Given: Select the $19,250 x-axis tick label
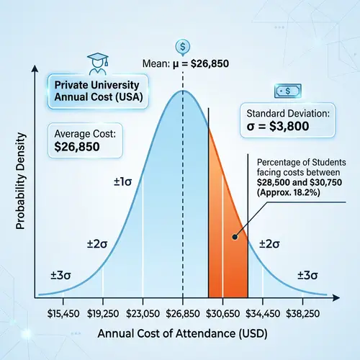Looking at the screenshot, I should coord(104,314).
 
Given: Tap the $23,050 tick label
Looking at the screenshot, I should coord(143,314).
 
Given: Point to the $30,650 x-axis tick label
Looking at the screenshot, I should coord(223,314).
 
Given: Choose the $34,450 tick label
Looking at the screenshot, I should coord(263,314).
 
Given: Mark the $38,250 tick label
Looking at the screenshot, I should coord(302,314).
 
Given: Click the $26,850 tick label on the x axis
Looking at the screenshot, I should coord(183,314).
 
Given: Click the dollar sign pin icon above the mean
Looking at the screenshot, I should coord(182,47).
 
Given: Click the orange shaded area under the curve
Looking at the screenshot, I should coord(227,238).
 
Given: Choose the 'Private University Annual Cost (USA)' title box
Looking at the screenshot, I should coord(91,90).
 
